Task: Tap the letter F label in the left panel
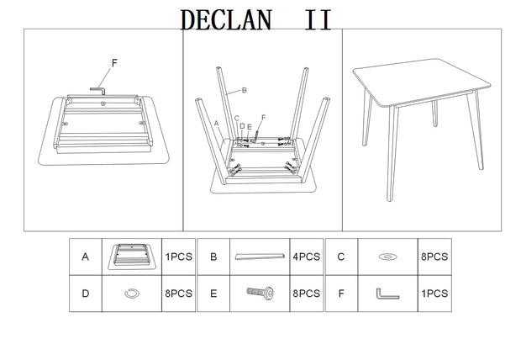click(113, 62)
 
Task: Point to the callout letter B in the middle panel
click(243, 90)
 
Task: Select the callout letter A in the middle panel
click(217, 123)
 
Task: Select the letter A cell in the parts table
click(86, 257)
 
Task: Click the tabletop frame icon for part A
click(132, 257)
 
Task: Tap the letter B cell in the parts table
click(213, 257)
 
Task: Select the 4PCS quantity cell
click(306, 257)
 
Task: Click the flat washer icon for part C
click(387, 257)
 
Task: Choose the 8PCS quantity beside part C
click(434, 257)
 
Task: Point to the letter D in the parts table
click(86, 294)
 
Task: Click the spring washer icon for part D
click(131, 294)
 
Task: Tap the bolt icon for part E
click(260, 294)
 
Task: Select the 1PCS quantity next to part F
click(434, 294)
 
